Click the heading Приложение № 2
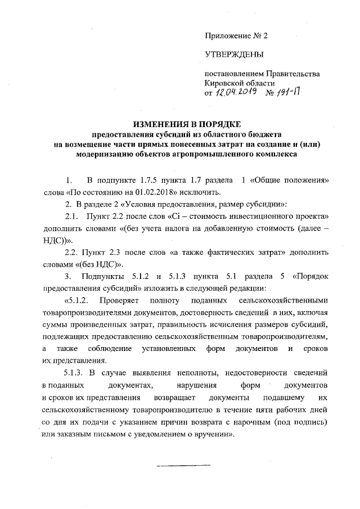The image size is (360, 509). [x=236, y=35]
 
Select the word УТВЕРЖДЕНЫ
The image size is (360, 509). [x=234, y=55]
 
